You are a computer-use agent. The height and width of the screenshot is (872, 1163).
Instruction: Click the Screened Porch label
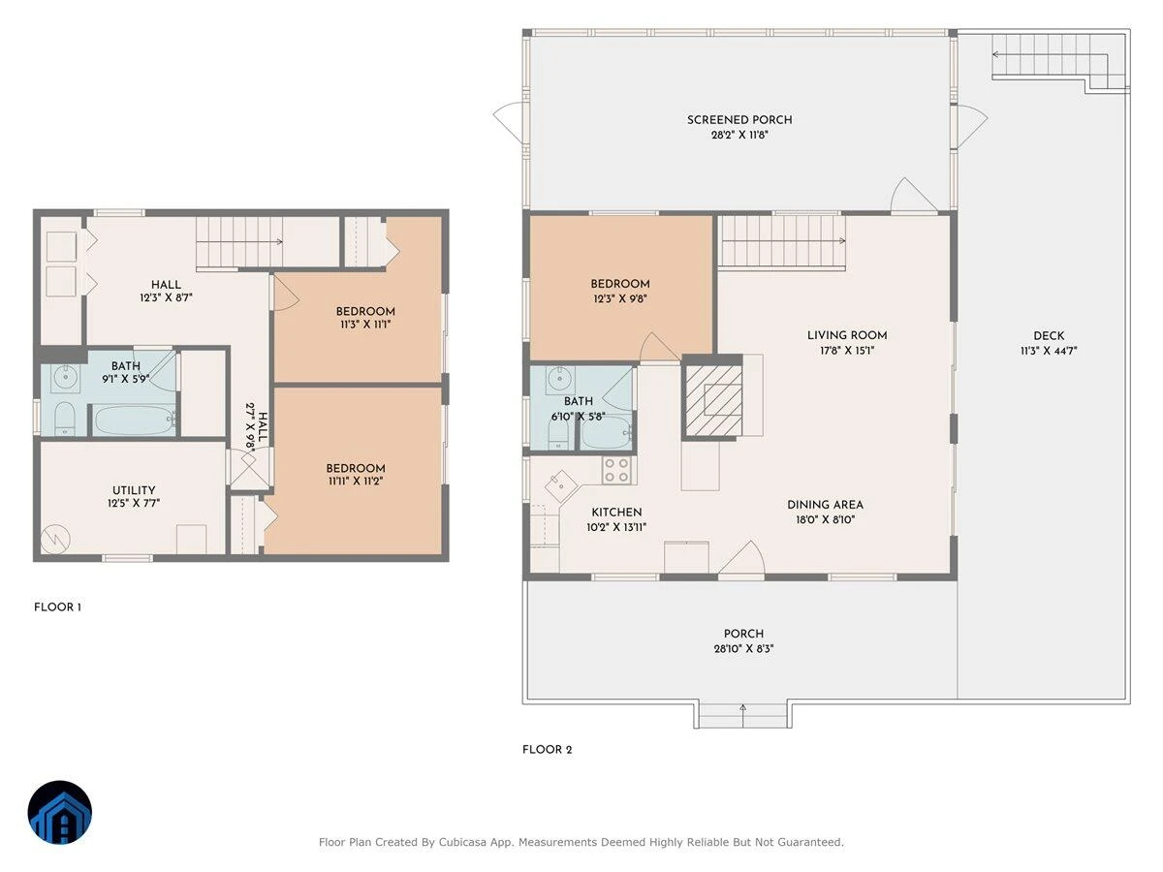[x=739, y=120]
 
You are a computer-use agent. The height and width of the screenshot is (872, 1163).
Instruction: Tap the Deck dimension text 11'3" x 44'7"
[x=1049, y=351]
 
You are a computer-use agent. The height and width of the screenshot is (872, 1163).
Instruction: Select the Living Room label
[x=847, y=335]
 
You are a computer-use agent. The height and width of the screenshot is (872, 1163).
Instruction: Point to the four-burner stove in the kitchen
[x=616, y=470]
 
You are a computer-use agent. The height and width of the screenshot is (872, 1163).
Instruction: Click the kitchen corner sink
[x=560, y=486]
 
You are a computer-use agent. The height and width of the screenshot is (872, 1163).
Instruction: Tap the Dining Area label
[x=825, y=505]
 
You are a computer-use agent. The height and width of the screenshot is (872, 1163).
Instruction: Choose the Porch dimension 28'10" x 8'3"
[x=743, y=648]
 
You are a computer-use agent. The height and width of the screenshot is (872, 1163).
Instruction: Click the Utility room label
[x=134, y=490]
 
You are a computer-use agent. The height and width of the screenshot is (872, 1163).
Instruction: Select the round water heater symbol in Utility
[x=55, y=539]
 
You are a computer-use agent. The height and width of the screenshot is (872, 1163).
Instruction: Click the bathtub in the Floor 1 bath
[x=135, y=420]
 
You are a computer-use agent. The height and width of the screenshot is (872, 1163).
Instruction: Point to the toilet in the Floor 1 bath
[x=65, y=419]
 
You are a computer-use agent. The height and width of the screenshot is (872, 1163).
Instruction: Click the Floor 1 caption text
[x=57, y=607]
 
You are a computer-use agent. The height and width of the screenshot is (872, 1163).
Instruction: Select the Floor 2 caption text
[x=547, y=750]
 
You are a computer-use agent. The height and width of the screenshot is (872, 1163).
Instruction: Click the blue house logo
[x=60, y=812]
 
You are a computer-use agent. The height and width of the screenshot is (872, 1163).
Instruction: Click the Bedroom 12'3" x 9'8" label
[x=620, y=292]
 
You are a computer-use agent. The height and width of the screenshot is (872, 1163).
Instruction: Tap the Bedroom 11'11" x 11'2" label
[x=355, y=475]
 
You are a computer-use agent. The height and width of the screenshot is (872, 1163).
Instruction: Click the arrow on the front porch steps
[x=742, y=715]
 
